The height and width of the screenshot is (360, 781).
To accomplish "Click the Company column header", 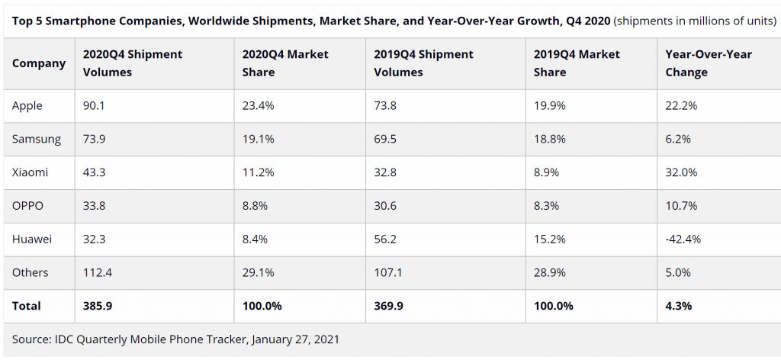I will [x=39, y=63].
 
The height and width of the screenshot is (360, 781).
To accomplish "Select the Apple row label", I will [x=27, y=106].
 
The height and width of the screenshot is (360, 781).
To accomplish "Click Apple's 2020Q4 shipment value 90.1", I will [x=94, y=106].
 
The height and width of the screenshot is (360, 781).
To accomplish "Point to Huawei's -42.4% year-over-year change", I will [x=683, y=239].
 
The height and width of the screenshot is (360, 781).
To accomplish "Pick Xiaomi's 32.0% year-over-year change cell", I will [x=681, y=172].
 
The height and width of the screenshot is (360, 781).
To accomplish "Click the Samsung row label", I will [x=37, y=139].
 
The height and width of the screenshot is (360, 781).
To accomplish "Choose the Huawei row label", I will [x=32, y=239].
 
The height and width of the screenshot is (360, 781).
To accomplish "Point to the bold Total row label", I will [x=27, y=306].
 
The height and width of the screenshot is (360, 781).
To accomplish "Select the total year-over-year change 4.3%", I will [x=679, y=306].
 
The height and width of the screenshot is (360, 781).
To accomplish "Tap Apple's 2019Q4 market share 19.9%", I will [x=550, y=106].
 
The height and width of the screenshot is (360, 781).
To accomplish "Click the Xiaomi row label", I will [x=30, y=172].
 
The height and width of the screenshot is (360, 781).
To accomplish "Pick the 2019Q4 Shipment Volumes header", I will [x=423, y=63].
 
